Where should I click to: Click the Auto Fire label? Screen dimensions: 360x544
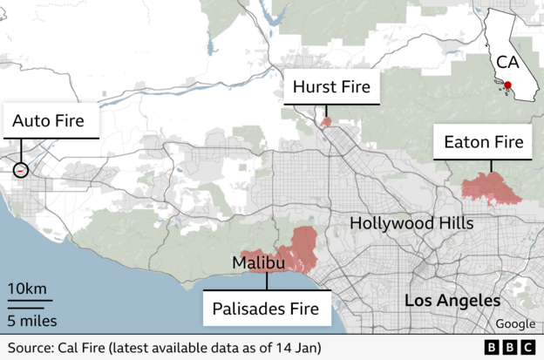(x=48, y=121)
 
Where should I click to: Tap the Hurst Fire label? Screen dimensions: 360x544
(x=331, y=87)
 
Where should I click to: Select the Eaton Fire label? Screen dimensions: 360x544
(x=484, y=141)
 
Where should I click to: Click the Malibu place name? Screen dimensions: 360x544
(x=258, y=263)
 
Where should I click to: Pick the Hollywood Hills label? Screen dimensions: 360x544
(x=411, y=223)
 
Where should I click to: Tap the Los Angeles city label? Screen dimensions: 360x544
(x=452, y=301)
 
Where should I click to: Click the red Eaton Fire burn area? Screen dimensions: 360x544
(x=490, y=187)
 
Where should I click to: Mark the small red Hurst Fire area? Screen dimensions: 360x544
(x=326, y=122)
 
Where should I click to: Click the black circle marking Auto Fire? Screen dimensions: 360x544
(x=21, y=171)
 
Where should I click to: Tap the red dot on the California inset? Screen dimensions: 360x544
(x=508, y=85)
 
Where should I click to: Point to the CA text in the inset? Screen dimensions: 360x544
(x=508, y=63)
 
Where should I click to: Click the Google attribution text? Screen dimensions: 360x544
(x=515, y=324)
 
